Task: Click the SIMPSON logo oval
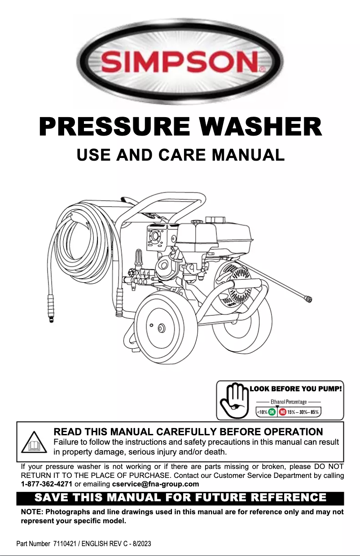(x=180, y=61)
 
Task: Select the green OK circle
(x=272, y=412)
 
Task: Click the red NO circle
(x=283, y=412)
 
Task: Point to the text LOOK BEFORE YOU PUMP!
(x=296, y=389)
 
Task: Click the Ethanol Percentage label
(x=289, y=402)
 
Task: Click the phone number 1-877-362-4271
(x=47, y=484)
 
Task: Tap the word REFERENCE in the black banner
(x=283, y=498)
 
